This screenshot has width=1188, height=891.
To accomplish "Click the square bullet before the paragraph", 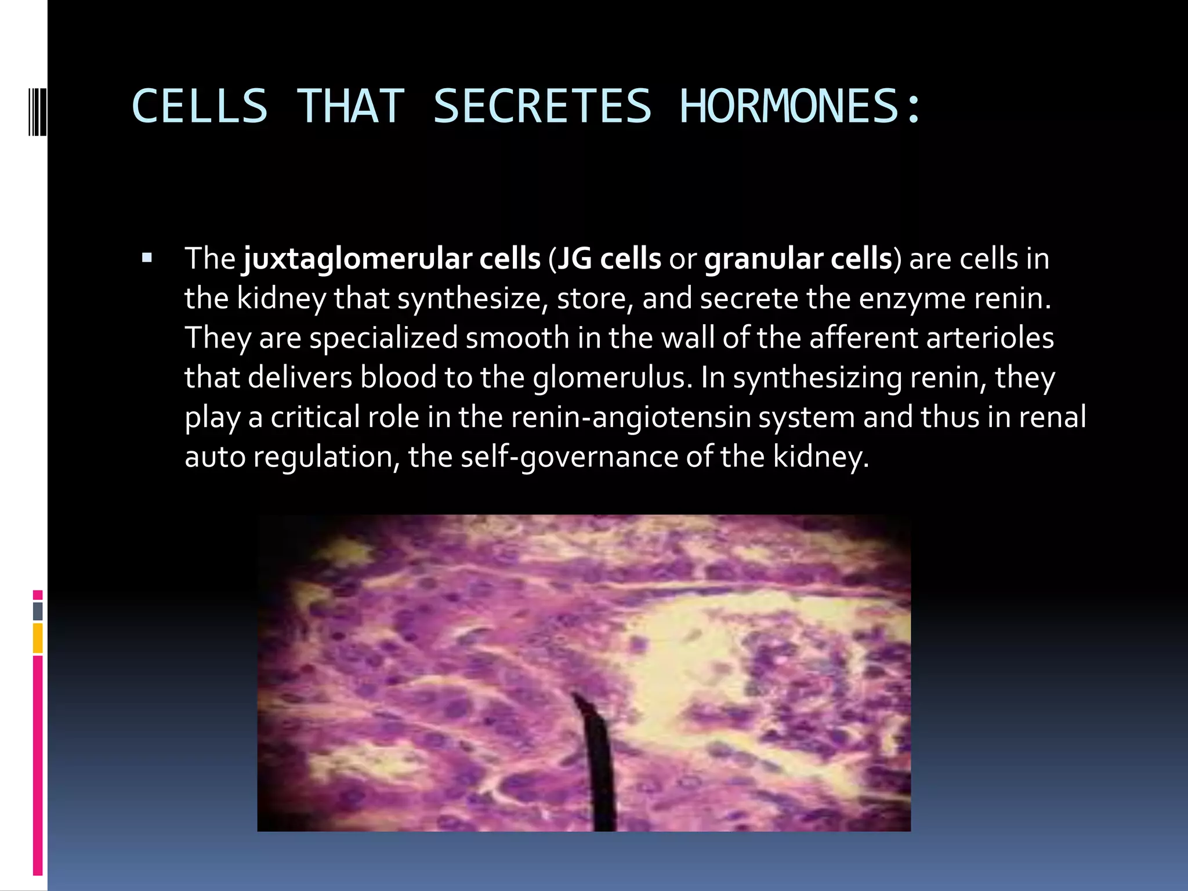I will coord(147,258).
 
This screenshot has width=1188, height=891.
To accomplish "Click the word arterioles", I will coord(990,338).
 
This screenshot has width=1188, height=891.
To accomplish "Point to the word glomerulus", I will coord(613,378).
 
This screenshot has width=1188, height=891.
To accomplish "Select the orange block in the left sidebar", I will coord(38,638).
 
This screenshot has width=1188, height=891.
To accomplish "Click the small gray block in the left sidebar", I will coord(38,611).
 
